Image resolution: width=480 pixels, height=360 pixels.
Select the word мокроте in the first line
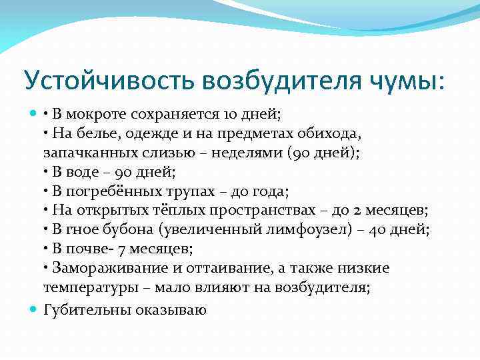point(96,115)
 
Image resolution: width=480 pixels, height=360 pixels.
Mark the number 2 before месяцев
point(358,211)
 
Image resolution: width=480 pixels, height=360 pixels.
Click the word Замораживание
point(103,269)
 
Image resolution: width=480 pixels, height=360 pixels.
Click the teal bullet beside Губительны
point(33,309)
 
